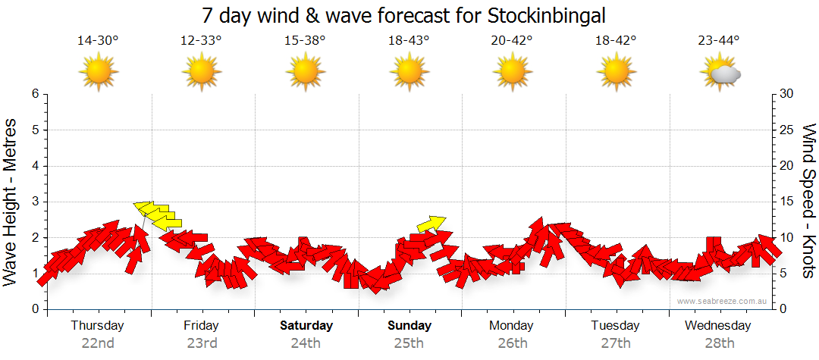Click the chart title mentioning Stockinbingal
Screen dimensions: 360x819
point(404,16)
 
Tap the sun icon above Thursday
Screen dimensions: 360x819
point(98,72)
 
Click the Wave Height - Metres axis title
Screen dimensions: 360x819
point(11,202)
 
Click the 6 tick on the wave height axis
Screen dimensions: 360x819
point(35,94)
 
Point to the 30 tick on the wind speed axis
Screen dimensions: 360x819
point(788,94)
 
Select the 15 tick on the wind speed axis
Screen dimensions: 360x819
point(788,202)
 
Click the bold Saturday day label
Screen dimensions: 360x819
point(306,326)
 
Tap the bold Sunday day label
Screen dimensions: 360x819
point(409,326)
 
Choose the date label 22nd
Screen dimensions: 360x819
point(98,343)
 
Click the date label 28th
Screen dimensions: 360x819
point(719,343)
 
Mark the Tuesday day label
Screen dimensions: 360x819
point(616,326)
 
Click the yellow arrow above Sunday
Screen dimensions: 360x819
point(431,224)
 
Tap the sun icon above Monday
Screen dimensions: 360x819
point(513,72)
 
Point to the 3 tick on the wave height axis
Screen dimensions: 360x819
point(35,202)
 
